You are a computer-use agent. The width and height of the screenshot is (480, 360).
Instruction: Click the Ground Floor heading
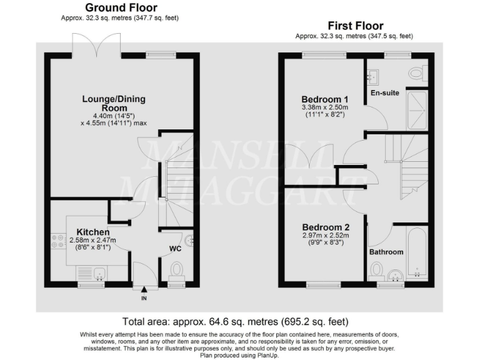point(121,7)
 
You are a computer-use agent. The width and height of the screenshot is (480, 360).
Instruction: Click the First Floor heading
point(355,26)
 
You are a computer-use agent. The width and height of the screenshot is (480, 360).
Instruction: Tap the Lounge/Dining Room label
point(111,103)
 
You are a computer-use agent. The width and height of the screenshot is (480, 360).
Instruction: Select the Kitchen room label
point(92,232)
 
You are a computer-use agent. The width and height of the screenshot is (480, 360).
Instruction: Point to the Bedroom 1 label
point(325,99)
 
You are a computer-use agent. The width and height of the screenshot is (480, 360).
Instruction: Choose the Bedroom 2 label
point(325,227)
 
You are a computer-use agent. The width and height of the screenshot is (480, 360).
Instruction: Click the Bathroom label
point(386,252)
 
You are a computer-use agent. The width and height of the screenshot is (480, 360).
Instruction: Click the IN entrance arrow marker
point(144,289)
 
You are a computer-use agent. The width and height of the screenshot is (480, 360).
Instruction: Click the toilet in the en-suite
point(417,74)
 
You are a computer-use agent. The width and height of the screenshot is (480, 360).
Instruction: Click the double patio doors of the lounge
point(96,44)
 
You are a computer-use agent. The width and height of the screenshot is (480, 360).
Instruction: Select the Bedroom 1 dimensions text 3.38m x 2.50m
point(325,107)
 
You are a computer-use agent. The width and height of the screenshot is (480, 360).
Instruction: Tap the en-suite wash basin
point(375,76)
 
